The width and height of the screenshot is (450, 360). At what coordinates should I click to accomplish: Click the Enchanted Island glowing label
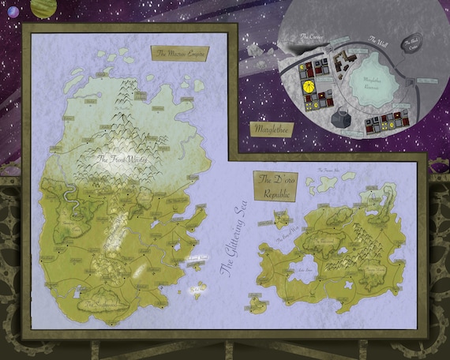(193, 259)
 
